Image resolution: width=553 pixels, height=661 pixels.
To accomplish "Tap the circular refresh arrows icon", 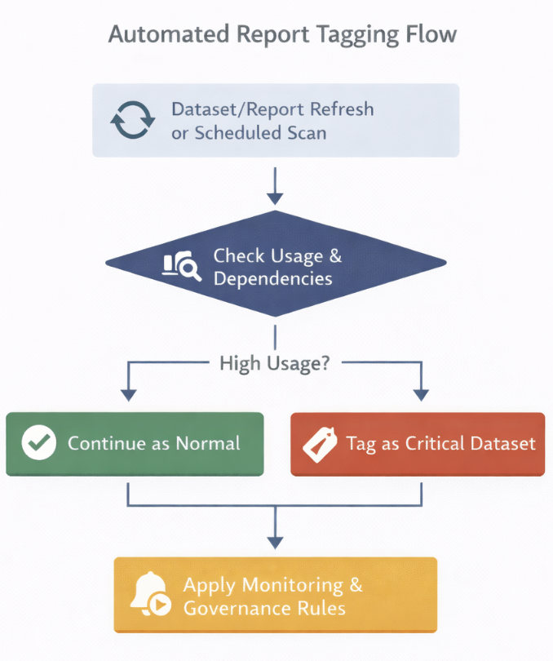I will click(x=132, y=121).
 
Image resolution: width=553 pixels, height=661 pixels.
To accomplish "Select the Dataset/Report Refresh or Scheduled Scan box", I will click(x=276, y=120).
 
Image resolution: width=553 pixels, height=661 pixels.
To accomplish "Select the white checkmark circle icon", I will click(x=38, y=444).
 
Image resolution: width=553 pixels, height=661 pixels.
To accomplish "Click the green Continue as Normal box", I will click(x=135, y=444).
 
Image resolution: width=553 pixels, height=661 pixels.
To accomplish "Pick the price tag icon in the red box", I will click(x=320, y=445).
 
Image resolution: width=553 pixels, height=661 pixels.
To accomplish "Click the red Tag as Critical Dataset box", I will click(x=418, y=444).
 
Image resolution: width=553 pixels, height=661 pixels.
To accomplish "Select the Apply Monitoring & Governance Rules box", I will click(x=275, y=595).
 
